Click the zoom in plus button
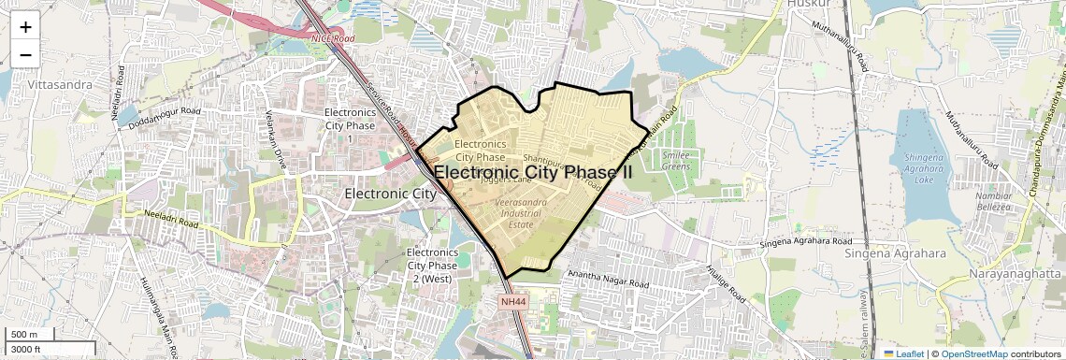tap(25, 27)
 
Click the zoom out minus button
tap(25, 54)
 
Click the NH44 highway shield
tap(513, 302)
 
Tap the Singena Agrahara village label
tap(896, 253)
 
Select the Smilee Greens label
tap(675, 161)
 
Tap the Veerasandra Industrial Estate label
tap(520, 213)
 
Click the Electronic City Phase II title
tap(533, 173)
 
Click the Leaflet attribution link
tap(904, 353)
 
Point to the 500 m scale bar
tap(29, 335)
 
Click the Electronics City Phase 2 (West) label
tap(432, 266)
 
